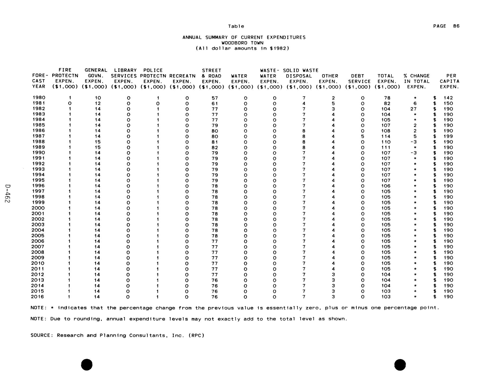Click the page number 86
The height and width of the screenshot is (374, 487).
point(456,26)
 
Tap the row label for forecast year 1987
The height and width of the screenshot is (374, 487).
point(38,136)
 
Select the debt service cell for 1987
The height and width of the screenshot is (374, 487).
point(363,136)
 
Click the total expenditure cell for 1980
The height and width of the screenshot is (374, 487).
point(387,98)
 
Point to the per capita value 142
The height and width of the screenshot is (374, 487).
point(448,98)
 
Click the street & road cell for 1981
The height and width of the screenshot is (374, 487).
point(215,104)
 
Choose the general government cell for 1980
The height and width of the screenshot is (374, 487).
point(98,98)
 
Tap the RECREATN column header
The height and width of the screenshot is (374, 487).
point(182,76)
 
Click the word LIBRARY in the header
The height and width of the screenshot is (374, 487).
point(125,70)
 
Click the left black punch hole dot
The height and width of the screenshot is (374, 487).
point(87,365)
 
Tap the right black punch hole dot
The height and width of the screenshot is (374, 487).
point(400,365)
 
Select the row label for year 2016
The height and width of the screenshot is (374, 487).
point(38,297)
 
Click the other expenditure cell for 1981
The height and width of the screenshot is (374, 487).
point(333,104)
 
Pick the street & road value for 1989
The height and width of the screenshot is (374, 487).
point(215,148)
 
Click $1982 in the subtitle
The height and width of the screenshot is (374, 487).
point(280,49)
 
